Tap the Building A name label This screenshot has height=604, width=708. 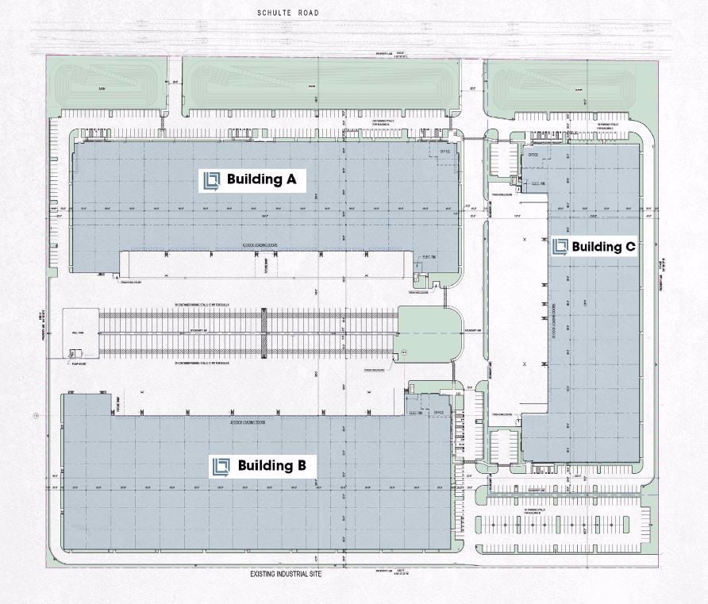coord(261,180)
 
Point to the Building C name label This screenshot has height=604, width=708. coord(603,247)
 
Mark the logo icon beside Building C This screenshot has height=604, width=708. coord(561,247)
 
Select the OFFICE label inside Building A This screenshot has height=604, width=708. coord(444,151)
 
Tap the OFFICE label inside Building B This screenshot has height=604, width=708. coord(437,413)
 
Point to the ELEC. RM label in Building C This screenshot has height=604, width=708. coord(537,182)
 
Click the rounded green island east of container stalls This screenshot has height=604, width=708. coord(429,333)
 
